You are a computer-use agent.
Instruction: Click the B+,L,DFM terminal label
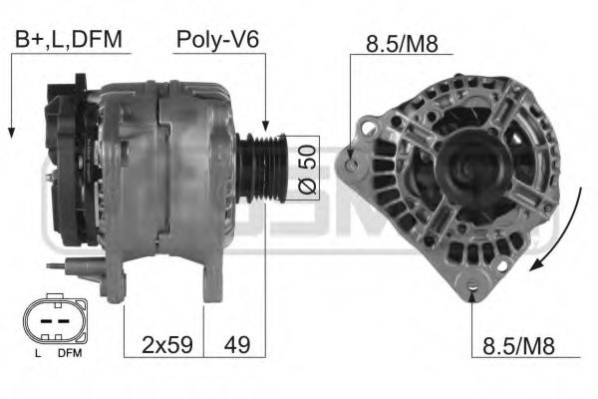pos(68,40)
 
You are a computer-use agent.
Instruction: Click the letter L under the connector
pos(37,354)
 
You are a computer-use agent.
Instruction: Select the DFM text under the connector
pos(69,354)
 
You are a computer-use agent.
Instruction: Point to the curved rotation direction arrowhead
pos(536,265)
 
